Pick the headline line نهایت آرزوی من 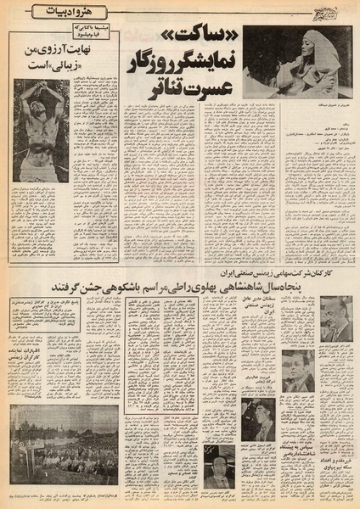(x=82, y=49)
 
